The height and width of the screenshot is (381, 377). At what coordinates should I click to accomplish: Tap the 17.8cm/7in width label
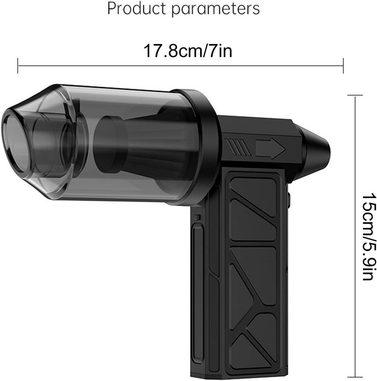(x=187, y=51)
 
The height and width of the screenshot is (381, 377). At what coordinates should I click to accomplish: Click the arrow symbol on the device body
(x=270, y=148)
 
